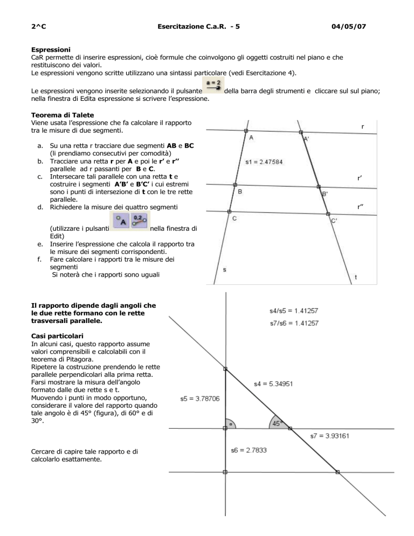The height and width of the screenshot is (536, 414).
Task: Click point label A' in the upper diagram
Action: tap(306, 139)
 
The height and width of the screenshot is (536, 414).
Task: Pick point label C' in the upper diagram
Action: tap(334, 220)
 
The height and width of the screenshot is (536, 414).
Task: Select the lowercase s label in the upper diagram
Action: tap(224, 269)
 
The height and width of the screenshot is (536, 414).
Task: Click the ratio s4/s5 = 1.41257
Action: tap(294, 310)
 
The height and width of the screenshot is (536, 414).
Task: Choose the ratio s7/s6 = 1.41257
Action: tap(294, 323)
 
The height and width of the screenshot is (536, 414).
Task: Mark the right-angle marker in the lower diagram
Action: tap(230, 423)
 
